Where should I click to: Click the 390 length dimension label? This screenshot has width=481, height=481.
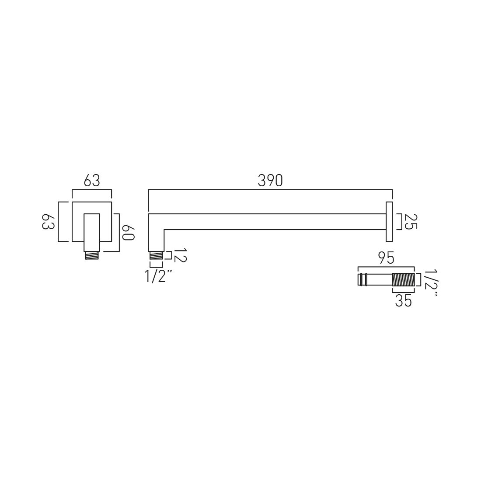270,181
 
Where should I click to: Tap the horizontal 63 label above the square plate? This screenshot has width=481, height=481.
92,181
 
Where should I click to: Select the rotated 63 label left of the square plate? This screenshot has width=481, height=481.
48,221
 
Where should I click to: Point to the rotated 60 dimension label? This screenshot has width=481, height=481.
129,233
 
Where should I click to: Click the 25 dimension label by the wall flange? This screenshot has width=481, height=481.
411,222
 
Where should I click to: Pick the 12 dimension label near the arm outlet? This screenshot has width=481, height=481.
180,255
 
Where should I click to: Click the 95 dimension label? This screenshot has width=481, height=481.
386,258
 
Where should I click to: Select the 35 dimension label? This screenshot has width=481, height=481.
403,301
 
